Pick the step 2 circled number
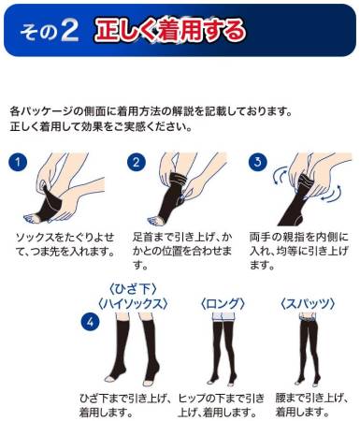pyautogui.click(x=136, y=161)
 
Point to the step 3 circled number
pyautogui.click(x=257, y=161)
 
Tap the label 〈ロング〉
pyautogui.click(x=221, y=301)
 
